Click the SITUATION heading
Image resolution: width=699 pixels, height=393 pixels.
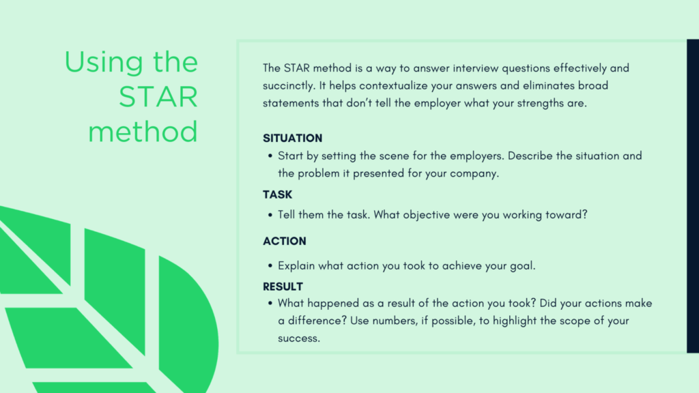click(x=292, y=138)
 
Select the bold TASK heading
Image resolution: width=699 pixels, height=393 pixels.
click(x=277, y=194)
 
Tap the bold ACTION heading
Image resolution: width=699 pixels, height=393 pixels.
click(x=285, y=241)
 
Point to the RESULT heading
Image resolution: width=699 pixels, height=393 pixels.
click(x=283, y=287)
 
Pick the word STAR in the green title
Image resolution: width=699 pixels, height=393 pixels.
click(x=158, y=97)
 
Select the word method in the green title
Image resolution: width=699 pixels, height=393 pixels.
click(x=143, y=132)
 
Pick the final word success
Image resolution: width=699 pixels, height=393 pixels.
click(x=299, y=338)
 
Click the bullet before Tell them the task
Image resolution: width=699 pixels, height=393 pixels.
click(x=270, y=215)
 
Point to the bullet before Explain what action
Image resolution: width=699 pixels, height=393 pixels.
click(x=270, y=266)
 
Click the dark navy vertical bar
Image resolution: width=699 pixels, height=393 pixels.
click(x=693, y=196)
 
